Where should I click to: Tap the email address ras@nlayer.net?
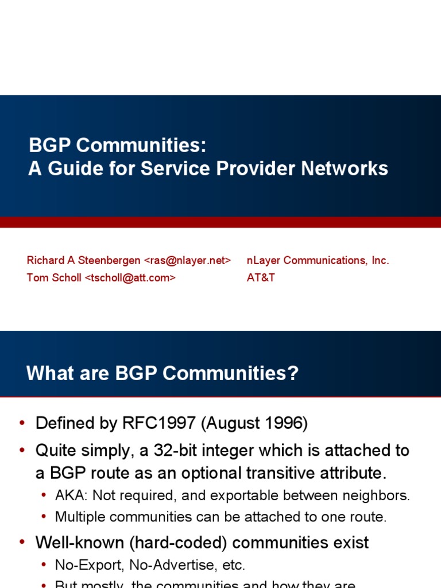pos(187,261)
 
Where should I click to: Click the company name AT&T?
pos(261,278)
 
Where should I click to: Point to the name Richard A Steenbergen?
pos(84,261)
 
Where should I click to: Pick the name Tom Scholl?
pos(54,278)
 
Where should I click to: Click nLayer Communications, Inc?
pos(318,261)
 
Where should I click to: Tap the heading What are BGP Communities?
pos(163,374)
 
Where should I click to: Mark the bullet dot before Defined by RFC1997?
pos(22,424)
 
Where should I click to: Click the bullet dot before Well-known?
pos(22,543)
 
